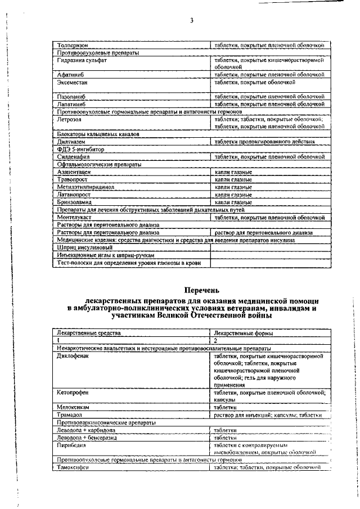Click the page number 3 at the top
(192, 21)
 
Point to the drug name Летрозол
(69, 120)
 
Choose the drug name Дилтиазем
(71, 142)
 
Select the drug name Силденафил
(74, 157)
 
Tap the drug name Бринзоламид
(74, 201)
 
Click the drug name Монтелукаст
(76, 217)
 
